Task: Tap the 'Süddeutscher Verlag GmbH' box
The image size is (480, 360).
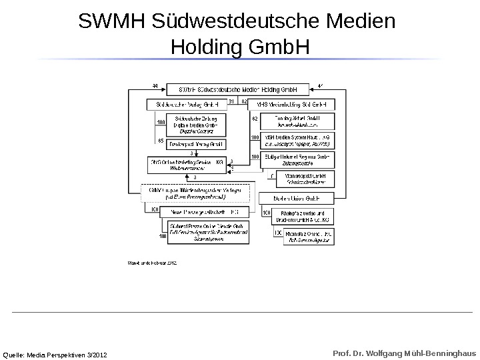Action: (x=187, y=105)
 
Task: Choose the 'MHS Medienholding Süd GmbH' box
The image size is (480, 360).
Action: (x=291, y=105)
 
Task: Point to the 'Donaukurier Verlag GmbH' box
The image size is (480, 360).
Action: (x=191, y=144)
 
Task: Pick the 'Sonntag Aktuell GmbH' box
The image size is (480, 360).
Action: (x=296, y=121)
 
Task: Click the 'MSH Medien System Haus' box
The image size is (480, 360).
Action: (x=296, y=140)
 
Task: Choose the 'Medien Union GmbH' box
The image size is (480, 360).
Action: (x=296, y=198)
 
